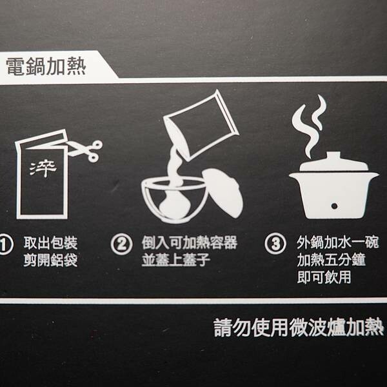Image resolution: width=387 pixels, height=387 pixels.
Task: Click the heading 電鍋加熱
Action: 46,66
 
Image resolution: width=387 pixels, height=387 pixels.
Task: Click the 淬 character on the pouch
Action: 43,169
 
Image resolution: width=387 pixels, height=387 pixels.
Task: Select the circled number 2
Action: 121,244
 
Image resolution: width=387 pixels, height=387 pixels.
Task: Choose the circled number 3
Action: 275,244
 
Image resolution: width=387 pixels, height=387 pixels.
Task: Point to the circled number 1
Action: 5,244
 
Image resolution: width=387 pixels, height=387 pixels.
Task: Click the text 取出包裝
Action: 50,243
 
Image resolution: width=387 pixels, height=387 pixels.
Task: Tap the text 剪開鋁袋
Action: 50,260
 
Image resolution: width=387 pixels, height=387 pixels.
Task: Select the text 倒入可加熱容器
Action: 190,243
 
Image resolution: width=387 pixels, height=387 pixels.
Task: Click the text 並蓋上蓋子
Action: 176,260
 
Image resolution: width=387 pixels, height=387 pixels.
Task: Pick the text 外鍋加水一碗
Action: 337,243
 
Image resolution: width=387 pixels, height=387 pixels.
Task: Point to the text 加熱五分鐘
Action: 332,260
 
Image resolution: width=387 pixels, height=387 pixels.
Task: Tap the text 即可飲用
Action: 324,277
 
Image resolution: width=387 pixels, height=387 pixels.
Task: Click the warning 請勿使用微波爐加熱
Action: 299,328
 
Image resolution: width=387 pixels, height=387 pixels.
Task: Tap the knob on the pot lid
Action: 333,156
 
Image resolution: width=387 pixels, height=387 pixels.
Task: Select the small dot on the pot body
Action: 334,206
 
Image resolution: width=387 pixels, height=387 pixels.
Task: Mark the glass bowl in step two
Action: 175,200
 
